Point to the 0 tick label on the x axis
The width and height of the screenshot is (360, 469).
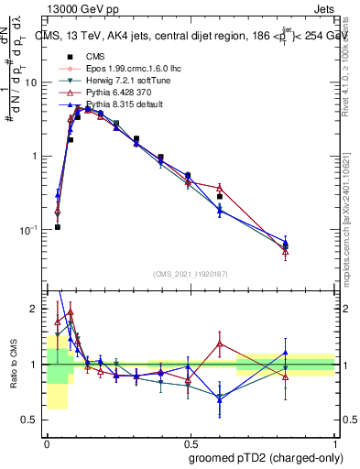[x=47, y=442]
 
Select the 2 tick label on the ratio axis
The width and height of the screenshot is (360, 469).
[x=35, y=309]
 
